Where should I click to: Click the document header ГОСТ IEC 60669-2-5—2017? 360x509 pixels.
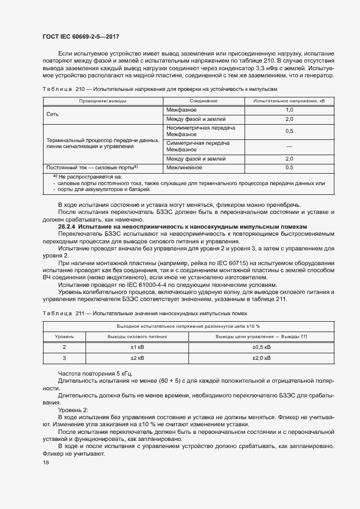point(81,36)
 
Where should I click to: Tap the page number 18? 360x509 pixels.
point(45,463)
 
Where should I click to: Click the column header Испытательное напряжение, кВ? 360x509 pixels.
point(289,101)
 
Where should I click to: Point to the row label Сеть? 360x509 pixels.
point(53,114)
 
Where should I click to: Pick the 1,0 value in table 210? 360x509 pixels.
point(289,110)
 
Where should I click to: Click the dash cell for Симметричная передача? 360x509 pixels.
point(289,146)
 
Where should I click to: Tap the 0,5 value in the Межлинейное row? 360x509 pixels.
point(289,168)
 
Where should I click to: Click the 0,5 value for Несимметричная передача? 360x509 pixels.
point(289,131)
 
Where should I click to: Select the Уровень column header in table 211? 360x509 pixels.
point(64,336)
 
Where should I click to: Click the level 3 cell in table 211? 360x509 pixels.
point(64,358)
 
